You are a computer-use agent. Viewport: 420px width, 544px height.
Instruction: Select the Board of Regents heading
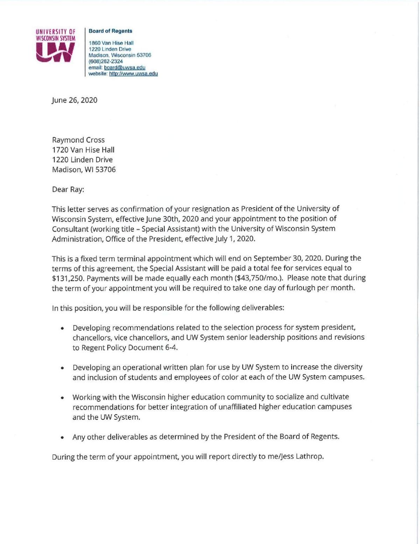110,31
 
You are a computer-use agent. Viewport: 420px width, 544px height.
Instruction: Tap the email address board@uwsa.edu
125,68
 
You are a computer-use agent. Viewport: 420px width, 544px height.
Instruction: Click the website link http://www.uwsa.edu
133,74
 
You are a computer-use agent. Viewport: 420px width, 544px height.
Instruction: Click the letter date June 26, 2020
75,100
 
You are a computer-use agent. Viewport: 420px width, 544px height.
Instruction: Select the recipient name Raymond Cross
78,140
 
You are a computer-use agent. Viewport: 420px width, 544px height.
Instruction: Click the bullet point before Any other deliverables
62,438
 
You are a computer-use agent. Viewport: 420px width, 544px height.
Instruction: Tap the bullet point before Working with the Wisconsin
62,398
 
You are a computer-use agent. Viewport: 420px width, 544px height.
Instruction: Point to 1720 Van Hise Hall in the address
83,150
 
